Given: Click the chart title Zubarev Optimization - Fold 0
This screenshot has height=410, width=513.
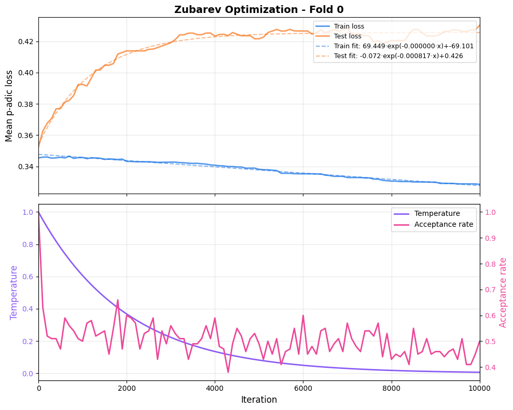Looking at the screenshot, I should pos(259,9).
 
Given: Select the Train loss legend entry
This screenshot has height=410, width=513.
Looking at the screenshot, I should pos(349,26).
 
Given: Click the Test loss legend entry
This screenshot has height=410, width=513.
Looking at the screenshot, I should pos(348,36).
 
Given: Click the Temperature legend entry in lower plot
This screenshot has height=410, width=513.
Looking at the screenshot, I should pos(437,213).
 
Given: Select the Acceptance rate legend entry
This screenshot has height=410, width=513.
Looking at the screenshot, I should pos(443,224).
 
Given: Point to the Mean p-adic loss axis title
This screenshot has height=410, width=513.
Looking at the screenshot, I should pos(9,105).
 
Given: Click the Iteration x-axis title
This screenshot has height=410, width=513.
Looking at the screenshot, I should pos(259,400).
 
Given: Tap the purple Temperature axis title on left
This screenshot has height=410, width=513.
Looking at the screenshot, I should pos(14,292).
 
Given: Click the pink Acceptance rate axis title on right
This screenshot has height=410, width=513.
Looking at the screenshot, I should pos(503,292).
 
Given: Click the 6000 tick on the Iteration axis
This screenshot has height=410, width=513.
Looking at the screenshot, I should pos(303,387).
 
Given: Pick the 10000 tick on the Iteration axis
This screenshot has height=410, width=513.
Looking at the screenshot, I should pos(479,387).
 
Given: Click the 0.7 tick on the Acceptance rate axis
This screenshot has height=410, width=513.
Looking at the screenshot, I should pos(490,290).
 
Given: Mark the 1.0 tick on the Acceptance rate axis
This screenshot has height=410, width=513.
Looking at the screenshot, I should pos(490,212).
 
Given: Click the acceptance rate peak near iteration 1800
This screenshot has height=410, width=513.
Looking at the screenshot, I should pos(118,299).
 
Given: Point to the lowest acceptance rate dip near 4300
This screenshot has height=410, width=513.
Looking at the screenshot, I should pos(228,372).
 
